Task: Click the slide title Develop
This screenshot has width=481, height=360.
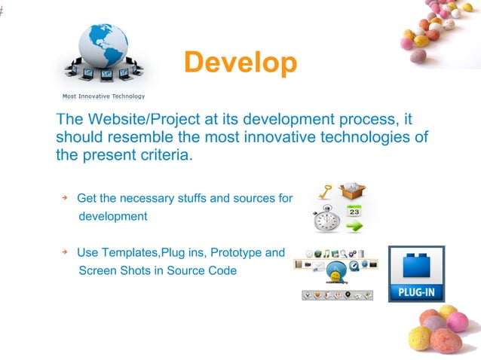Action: click(240, 63)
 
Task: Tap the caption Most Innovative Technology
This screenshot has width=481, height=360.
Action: click(103, 96)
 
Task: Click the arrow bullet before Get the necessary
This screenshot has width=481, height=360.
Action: click(65, 197)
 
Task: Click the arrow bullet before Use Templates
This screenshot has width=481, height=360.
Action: click(65, 252)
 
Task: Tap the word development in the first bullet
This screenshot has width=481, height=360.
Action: click(113, 216)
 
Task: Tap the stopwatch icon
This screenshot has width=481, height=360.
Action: click(327, 221)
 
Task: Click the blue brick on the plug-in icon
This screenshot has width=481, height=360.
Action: click(416, 267)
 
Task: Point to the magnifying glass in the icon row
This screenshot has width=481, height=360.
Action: click(343, 253)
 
